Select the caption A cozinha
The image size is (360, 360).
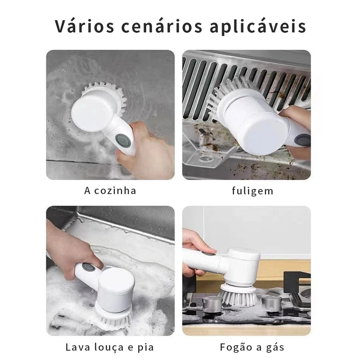click(x=110, y=190)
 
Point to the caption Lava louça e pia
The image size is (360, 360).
click(x=110, y=347)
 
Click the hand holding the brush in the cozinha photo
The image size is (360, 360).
click(x=146, y=151)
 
